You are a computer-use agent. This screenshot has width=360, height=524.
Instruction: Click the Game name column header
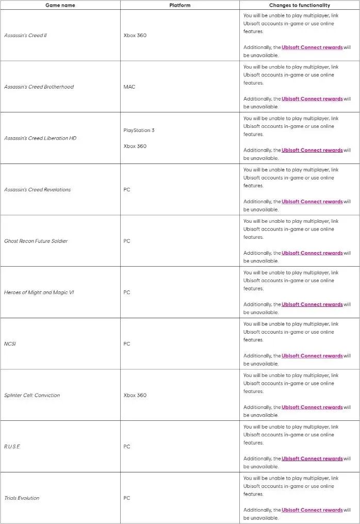(x=60, y=5)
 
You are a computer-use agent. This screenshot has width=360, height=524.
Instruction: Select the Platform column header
(x=179, y=5)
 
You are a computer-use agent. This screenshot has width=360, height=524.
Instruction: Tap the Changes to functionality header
(x=299, y=5)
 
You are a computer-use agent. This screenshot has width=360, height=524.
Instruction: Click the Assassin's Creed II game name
(x=26, y=36)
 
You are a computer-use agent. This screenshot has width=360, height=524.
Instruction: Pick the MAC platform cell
(x=129, y=87)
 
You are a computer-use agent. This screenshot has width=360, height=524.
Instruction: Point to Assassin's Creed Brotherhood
(x=39, y=87)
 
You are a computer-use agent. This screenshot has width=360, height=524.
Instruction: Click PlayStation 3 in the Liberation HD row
(x=139, y=130)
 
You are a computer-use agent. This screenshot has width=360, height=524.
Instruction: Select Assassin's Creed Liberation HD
(x=40, y=138)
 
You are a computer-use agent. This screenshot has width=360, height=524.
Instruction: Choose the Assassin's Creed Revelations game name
(x=38, y=190)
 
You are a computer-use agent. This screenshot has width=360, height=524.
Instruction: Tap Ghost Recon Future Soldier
(x=36, y=241)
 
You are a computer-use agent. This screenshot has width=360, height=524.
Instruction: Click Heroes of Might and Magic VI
(x=39, y=292)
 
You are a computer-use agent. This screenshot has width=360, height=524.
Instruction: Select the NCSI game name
(x=10, y=344)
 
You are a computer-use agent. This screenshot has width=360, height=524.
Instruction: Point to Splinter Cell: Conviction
(x=32, y=396)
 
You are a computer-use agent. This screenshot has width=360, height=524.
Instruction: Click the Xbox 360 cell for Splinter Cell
(x=135, y=396)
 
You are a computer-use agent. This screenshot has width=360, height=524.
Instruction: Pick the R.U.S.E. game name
(x=12, y=447)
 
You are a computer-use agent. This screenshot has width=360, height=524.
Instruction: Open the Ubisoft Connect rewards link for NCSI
(x=312, y=356)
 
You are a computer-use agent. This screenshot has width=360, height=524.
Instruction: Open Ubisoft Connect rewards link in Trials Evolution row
(x=312, y=510)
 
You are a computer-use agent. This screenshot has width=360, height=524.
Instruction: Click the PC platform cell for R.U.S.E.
(x=127, y=447)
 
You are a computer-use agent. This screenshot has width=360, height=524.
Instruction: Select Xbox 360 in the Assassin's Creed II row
(x=135, y=36)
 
